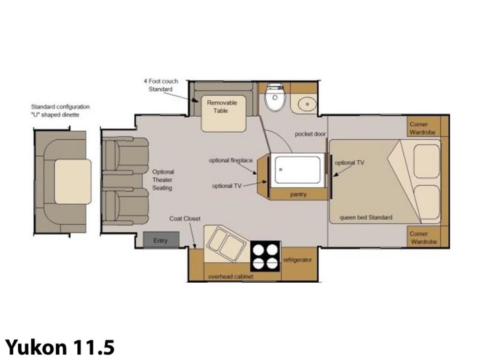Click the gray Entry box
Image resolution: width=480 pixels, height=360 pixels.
tap(161, 240)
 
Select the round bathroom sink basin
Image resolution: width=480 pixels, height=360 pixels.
tap(307, 104)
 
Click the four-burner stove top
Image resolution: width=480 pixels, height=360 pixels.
tap(265, 256)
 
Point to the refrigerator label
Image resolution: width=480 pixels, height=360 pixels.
tap(297, 260)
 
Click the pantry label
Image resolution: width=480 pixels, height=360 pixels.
tap(298, 194)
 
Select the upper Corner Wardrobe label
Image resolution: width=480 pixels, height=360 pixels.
tap(422, 128)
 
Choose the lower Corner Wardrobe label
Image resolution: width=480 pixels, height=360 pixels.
tap(423, 238)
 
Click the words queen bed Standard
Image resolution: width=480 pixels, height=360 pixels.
tap(366, 217)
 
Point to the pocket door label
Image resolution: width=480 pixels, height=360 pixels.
tap(310, 134)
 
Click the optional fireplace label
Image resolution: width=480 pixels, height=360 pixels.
tap(231, 160)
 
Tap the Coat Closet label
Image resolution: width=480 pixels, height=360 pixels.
tap(185, 218)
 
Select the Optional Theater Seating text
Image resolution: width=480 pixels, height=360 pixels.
tap(163, 180)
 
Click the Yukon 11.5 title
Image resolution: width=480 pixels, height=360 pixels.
tap(60, 347)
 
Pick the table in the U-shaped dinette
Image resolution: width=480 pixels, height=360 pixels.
tap(73, 181)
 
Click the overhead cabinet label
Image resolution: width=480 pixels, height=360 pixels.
tap(231, 277)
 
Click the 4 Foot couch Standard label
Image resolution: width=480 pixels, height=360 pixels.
tap(161, 85)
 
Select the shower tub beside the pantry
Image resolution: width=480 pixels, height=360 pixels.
tap(297, 170)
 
